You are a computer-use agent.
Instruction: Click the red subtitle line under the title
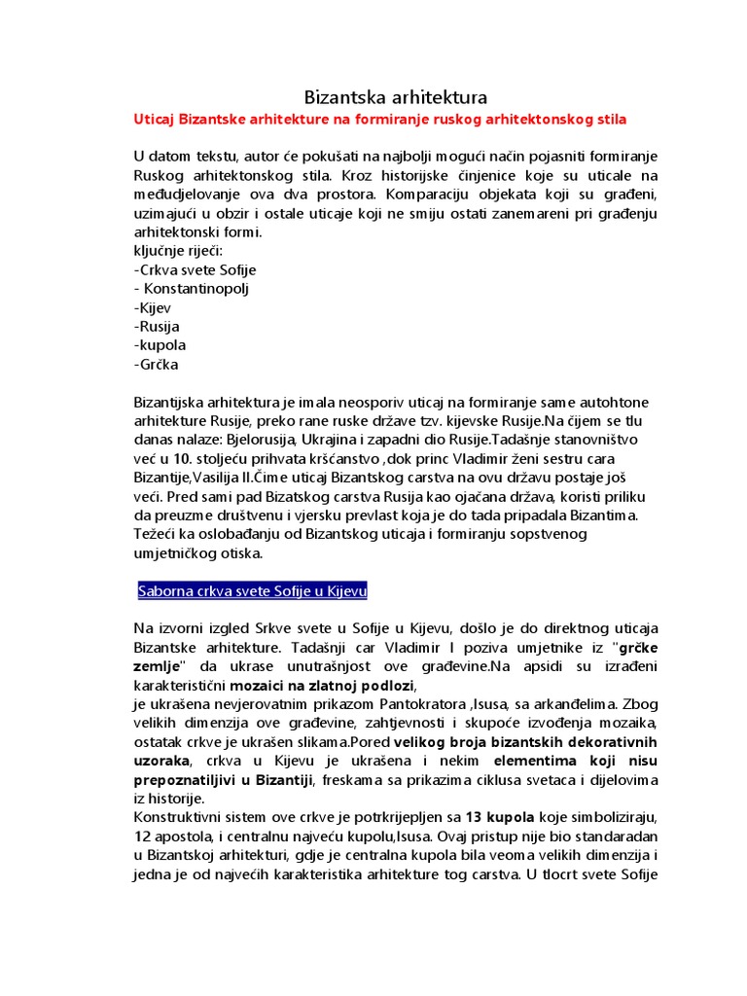coord(379,120)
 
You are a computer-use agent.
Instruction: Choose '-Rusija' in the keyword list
coord(157,327)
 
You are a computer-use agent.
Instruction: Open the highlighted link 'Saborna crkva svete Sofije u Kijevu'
coord(253,591)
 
